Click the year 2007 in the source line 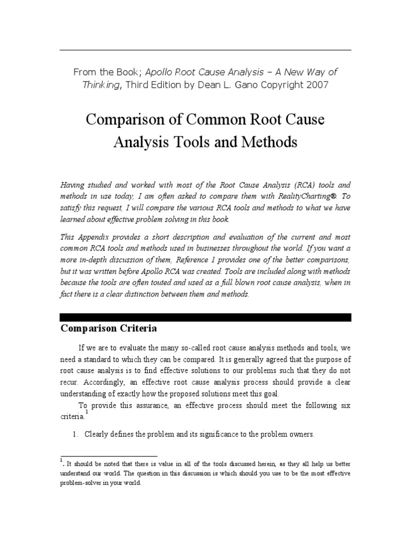tap(314, 85)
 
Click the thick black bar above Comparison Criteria tap(205, 317)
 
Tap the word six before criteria tap(345, 406)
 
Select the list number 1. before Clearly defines tap(75, 435)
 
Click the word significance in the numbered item tap(215, 435)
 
